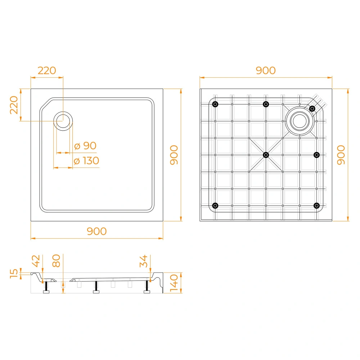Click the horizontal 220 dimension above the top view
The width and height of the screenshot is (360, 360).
tap(47, 71)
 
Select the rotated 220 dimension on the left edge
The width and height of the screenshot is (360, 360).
tap(14, 105)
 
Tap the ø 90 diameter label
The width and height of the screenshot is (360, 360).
tap(85, 145)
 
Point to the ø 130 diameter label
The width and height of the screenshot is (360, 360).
tap(86, 161)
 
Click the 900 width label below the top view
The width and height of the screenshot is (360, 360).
tap(96, 231)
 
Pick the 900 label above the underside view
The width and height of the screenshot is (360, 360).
tap(266, 71)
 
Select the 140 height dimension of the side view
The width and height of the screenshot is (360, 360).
tap(174, 283)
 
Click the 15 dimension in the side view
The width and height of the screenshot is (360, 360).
tap(14, 274)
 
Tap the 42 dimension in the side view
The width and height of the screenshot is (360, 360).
tap(36, 261)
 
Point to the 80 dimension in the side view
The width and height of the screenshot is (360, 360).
tap(56, 261)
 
